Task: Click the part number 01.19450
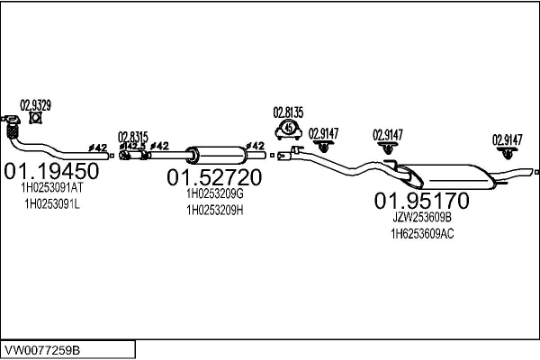(51, 171)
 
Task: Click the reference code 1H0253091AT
(51, 189)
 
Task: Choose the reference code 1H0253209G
(214, 193)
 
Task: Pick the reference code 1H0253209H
(214, 210)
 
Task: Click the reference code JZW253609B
(421, 217)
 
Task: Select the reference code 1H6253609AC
(421, 233)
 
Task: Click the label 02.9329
(36, 104)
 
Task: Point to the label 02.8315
(132, 135)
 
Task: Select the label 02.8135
(288, 112)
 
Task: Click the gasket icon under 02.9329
(36, 118)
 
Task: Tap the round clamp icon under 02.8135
(289, 130)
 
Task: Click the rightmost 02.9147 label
(507, 139)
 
